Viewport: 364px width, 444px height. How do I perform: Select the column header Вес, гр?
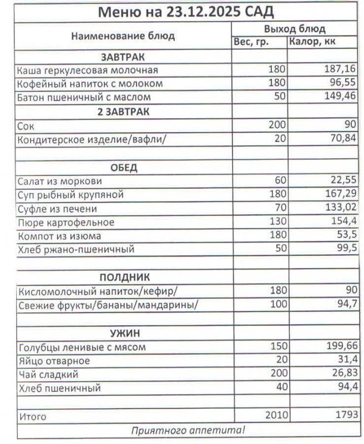tap(251, 42)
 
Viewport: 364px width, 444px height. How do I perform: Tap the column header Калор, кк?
tap(312, 42)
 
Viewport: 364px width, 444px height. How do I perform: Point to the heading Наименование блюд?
tap(123, 36)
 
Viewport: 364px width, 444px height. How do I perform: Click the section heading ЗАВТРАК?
tap(123, 57)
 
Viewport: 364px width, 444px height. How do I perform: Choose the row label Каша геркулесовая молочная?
tap(88, 70)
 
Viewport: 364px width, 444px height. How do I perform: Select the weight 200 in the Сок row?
tap(276, 125)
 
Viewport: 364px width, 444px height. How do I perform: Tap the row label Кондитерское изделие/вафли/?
tap(92, 139)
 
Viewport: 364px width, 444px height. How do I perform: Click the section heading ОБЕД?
tap(123, 168)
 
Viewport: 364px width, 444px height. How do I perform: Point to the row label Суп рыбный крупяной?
tap(70, 195)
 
